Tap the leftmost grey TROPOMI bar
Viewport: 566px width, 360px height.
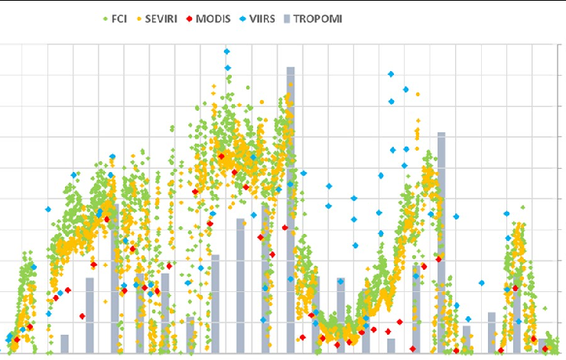(65, 344)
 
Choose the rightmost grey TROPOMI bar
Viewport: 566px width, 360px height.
(542, 345)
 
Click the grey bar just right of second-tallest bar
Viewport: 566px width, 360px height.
(467, 339)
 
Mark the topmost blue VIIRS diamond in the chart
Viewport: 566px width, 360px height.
(227, 51)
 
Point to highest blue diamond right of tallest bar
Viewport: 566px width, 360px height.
(391, 74)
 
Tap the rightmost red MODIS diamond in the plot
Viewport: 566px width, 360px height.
(545, 349)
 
